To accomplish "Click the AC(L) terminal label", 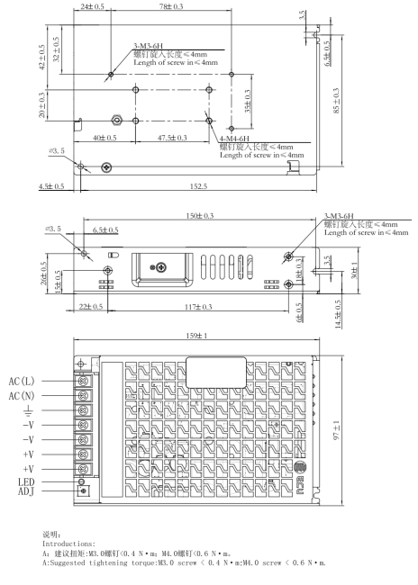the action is tap(22, 382).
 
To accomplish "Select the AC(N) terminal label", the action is tap(22, 395).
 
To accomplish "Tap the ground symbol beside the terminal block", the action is tap(29, 411).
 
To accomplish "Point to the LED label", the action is tap(26, 482).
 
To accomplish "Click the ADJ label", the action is tap(26, 491).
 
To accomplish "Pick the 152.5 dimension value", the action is tap(198, 186).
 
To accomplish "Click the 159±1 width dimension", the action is tap(196, 336).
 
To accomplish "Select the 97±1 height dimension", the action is tap(337, 430).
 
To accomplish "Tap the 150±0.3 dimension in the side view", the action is tap(200, 216).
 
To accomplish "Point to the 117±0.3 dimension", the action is tap(198, 307).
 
